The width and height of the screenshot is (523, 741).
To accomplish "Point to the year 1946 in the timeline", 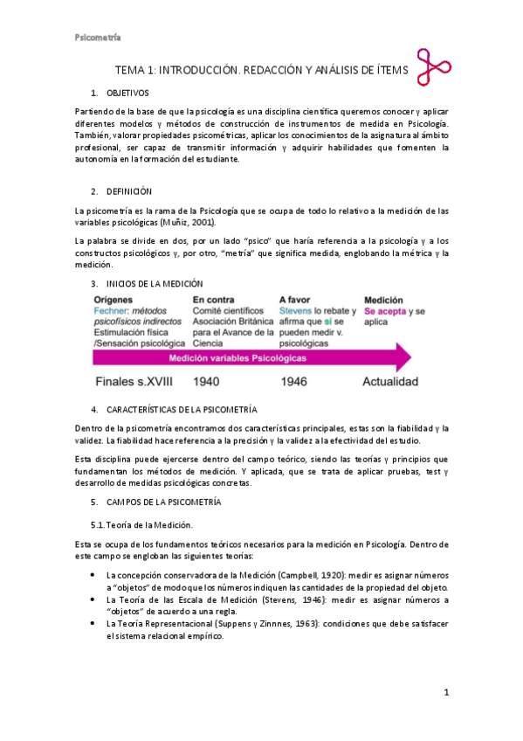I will click(x=301, y=382).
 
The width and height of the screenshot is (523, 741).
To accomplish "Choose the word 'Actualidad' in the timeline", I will click(x=391, y=382).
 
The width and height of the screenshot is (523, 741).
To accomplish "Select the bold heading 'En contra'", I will click(x=213, y=299).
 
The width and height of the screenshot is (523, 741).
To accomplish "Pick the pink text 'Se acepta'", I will click(x=384, y=310).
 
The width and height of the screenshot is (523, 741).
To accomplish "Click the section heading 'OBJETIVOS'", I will click(x=127, y=93).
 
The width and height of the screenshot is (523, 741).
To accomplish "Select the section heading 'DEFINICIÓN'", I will click(x=129, y=191).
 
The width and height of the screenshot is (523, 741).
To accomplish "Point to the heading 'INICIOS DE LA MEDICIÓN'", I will click(x=155, y=283).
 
